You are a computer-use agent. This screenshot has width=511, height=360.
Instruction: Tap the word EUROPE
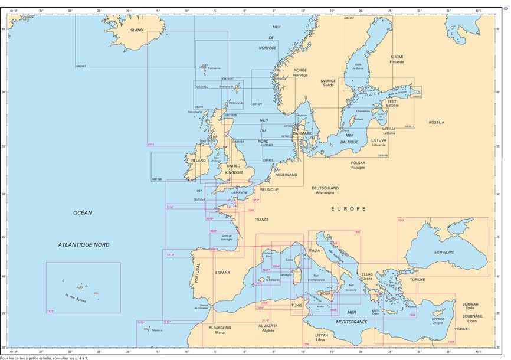click(x=348, y=208)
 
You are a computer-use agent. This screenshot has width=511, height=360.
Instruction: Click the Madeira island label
click(x=156, y=330)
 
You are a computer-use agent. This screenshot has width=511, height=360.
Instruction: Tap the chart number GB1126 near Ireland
click(x=157, y=179)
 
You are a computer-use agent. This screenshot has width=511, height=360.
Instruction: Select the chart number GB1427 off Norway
click(x=257, y=104)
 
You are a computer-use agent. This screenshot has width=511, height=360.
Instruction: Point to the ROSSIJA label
click(x=437, y=122)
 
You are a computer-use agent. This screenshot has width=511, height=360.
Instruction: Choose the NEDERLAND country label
click(x=286, y=175)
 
